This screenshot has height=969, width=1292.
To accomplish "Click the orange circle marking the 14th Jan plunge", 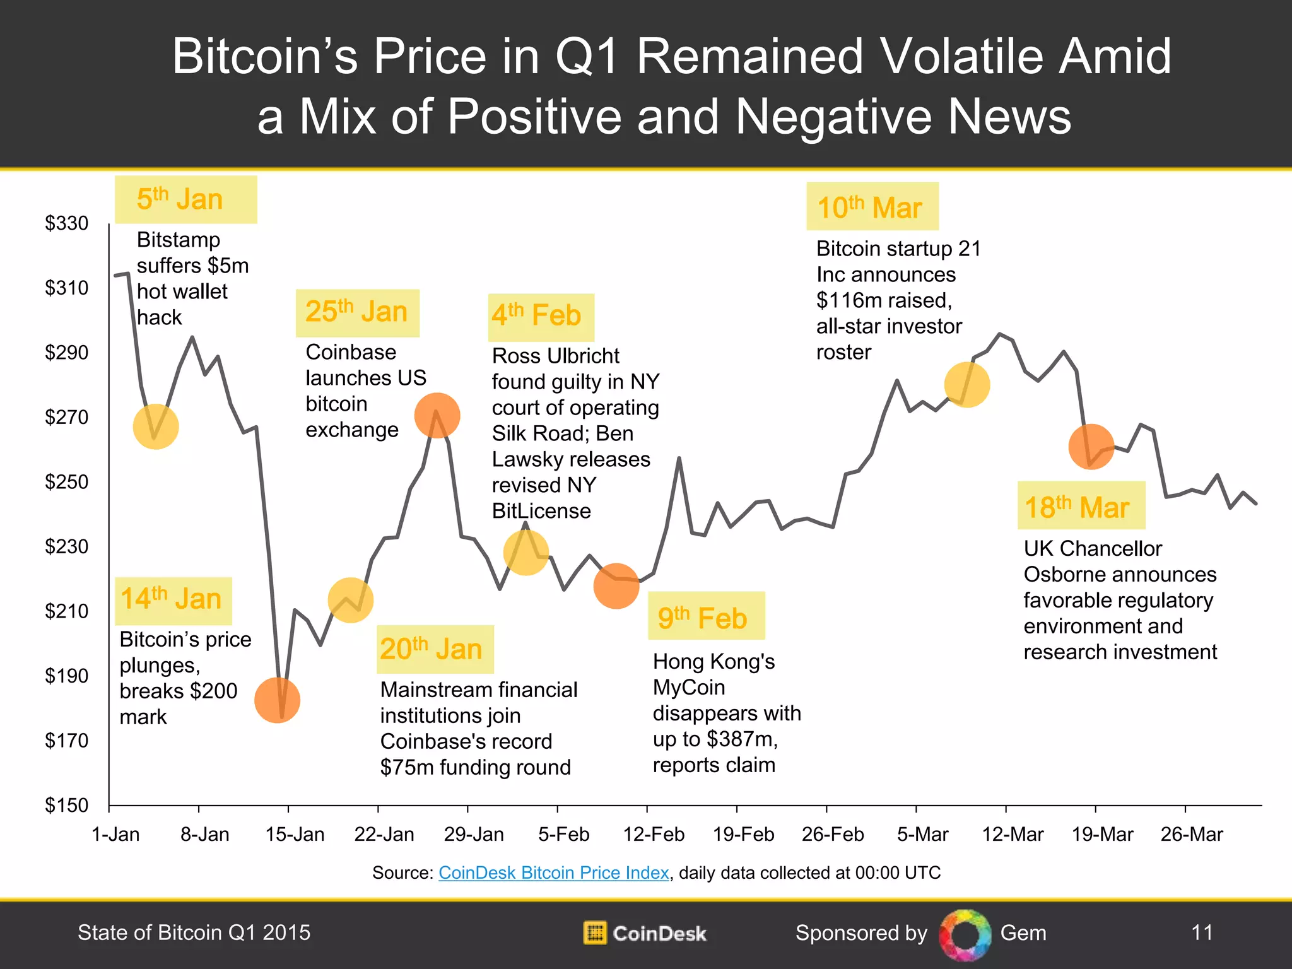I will pyautogui.click(x=277, y=700).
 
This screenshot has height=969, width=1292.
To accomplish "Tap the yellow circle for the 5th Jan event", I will pyautogui.click(x=156, y=426).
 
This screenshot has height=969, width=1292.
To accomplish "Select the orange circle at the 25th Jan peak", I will pyautogui.click(x=437, y=415).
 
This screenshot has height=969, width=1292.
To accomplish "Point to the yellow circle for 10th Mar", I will pyautogui.click(x=966, y=384).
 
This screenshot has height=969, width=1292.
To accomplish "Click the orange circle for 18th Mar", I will pyautogui.click(x=1091, y=446).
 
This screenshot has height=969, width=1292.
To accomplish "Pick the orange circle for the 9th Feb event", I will pyautogui.click(x=616, y=585).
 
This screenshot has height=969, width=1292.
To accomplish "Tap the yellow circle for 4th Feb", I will pyautogui.click(x=526, y=552).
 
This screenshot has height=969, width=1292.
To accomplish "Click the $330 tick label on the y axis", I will pyautogui.click(x=66, y=223).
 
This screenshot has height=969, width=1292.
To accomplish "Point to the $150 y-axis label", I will pyautogui.click(x=66, y=805).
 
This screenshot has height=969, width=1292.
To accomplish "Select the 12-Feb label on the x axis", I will pyautogui.click(x=654, y=835).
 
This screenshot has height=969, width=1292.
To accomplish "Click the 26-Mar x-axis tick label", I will pyautogui.click(x=1192, y=835).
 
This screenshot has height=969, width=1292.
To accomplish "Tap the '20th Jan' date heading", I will pyautogui.click(x=435, y=649).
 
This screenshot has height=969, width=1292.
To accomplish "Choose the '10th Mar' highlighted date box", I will pyautogui.click(x=872, y=207).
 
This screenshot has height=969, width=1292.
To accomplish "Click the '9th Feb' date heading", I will pyautogui.click(x=706, y=616).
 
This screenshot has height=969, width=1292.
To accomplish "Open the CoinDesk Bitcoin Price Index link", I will pyautogui.click(x=553, y=872).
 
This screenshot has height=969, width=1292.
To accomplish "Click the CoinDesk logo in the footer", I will pyautogui.click(x=645, y=933).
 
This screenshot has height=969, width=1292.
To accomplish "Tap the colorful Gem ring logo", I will pyautogui.click(x=965, y=934).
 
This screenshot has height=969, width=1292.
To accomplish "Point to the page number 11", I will pyautogui.click(x=1202, y=932).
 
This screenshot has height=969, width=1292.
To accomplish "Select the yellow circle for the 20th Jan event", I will pyautogui.click(x=351, y=599).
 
